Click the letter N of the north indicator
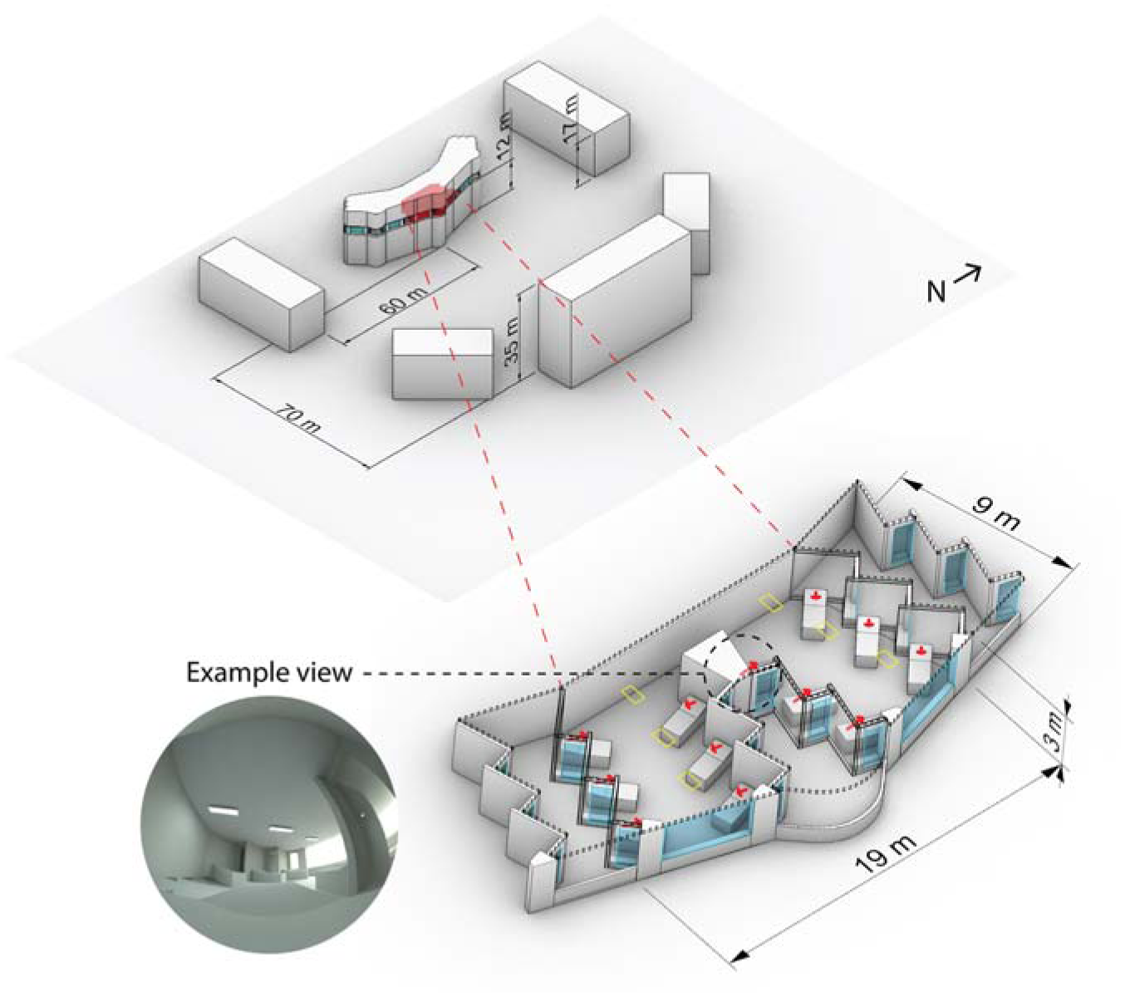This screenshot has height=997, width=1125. pos(936,292)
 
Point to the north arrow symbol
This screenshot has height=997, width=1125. pos(967,274)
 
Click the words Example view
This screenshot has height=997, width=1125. pos(269,673)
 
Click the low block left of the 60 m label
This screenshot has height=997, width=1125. pos(262,294)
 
